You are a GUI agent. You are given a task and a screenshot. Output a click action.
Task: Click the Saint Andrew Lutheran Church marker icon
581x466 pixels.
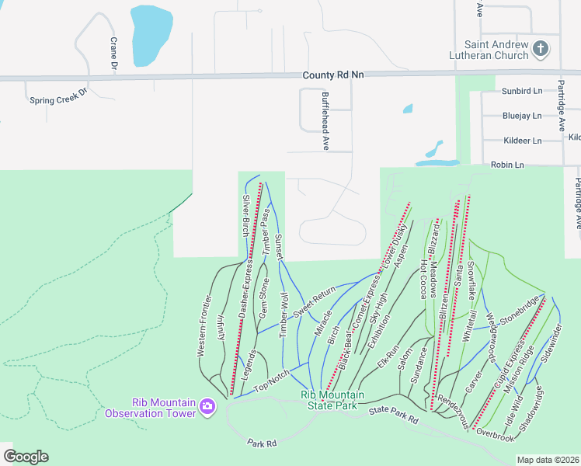click(x=541, y=50)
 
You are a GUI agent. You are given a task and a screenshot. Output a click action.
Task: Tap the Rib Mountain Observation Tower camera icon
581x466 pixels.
click(x=207, y=406)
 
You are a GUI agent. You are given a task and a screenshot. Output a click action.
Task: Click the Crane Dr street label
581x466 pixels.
click(x=113, y=54)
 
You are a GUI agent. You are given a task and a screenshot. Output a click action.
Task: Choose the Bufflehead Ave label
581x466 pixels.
click(x=325, y=120)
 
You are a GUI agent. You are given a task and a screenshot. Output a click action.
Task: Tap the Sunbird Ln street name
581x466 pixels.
click(x=522, y=91)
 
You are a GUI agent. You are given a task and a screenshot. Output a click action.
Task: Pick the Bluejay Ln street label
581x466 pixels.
click(x=522, y=116)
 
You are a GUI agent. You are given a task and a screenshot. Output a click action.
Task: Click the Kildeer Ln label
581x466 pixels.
click(x=522, y=141)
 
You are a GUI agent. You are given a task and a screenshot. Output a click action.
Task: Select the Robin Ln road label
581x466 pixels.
click(x=508, y=165)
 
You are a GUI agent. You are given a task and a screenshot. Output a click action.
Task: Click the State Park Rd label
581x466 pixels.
click(x=394, y=415)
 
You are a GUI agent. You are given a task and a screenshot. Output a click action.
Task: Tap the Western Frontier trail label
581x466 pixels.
click(x=205, y=325)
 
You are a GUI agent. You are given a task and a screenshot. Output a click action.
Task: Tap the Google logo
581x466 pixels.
click(x=26, y=456)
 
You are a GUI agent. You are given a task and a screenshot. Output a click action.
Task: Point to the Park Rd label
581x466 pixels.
click(x=263, y=443)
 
